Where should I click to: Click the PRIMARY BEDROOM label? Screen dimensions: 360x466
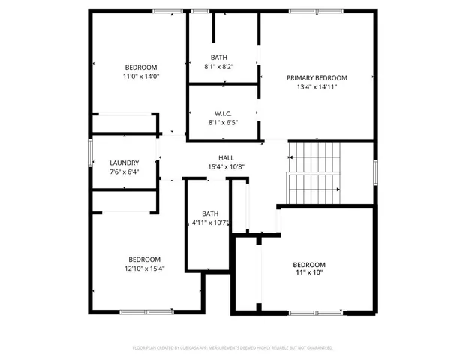(x=317, y=77)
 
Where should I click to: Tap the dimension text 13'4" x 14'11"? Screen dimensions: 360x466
(x=317, y=86)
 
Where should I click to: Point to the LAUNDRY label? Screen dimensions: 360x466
(x=124, y=163)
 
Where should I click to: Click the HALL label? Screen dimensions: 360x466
(x=226, y=157)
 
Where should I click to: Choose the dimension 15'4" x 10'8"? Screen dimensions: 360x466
(x=226, y=166)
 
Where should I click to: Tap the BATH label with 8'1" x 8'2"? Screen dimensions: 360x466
(x=219, y=58)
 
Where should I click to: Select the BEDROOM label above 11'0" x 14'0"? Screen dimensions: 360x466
(x=141, y=67)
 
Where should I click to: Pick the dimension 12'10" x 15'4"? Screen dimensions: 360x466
(x=144, y=268)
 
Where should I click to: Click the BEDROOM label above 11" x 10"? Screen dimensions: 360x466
(x=308, y=265)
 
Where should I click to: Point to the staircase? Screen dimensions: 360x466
(x=314, y=172)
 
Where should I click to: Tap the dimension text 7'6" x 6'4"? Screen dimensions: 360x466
(x=124, y=172)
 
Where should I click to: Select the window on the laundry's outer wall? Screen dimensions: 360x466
(x=91, y=153)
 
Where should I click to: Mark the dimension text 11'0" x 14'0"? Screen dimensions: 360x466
(x=141, y=76)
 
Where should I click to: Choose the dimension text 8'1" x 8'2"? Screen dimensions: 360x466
(x=219, y=67)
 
